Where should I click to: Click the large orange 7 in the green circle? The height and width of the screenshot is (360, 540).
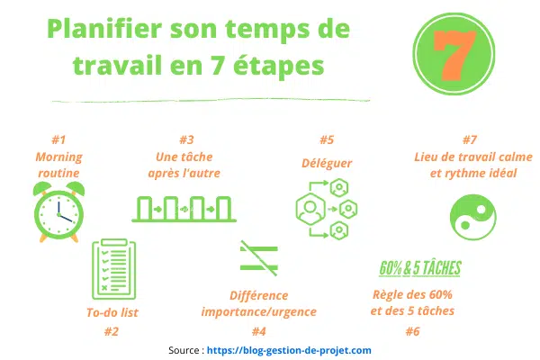click(454, 54)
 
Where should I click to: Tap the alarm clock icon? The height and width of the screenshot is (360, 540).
click(58, 211)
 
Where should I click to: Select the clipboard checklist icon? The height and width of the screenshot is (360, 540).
click(114, 269)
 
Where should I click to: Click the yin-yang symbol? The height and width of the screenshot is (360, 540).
click(473, 217)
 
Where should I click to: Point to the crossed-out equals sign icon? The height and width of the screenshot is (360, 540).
click(259, 258)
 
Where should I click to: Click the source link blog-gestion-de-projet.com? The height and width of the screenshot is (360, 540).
click(289, 350)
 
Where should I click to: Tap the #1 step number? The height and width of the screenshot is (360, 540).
click(58, 139)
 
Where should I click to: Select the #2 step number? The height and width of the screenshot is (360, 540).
click(112, 331)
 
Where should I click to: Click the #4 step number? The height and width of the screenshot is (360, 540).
click(259, 331)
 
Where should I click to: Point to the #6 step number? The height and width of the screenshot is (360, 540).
click(412, 331)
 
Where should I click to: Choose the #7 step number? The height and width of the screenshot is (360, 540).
click(470, 139)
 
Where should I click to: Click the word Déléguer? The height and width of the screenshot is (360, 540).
click(327, 163)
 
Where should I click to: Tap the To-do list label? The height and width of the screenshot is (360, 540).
click(112, 312)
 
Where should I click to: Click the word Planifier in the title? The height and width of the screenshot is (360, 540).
click(104, 30)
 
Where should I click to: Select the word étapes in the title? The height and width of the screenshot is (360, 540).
click(279, 66)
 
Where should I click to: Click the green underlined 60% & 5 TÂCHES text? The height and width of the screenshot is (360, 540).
click(420, 268)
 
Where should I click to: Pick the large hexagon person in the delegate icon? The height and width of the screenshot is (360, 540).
click(310, 209)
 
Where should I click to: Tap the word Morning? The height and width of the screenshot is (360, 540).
click(58, 157)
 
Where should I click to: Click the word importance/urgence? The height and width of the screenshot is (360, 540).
click(259, 311)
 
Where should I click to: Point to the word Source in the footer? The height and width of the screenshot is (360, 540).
click(184, 350)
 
